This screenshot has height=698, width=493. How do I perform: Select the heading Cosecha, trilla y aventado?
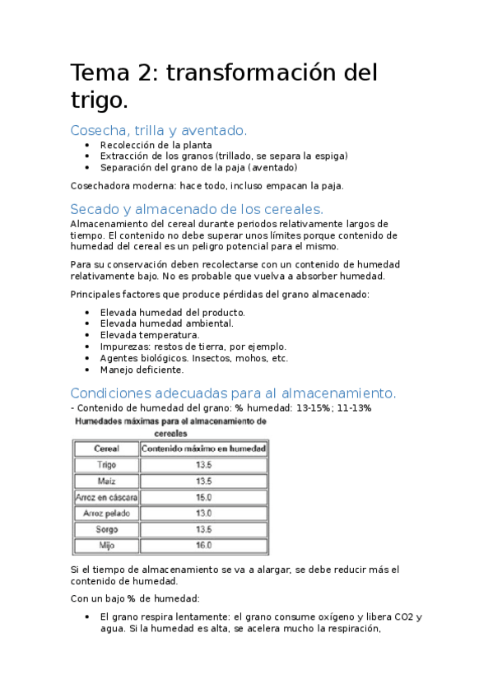tap(158, 130)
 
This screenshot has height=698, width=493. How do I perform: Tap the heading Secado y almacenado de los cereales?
tap(197, 208)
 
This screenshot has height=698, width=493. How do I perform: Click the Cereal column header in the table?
tap(106, 449)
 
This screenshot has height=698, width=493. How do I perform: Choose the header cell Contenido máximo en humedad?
tap(203, 449)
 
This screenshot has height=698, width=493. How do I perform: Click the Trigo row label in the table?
tap(106, 465)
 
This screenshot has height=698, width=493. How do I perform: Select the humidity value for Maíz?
tap(203, 481)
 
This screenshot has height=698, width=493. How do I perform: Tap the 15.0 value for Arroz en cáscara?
tap(203, 497)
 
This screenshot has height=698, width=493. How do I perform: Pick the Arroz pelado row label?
tap(106, 513)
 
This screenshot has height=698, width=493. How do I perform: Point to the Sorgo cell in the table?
tap(106, 529)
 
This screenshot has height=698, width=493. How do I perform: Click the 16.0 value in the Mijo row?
tap(203, 545)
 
